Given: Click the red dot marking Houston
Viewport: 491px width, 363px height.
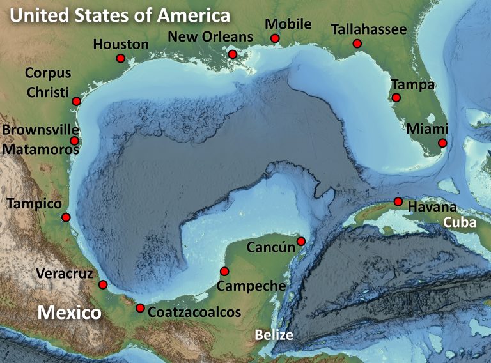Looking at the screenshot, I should tap(120, 58).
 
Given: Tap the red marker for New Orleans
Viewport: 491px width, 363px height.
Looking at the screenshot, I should tap(232, 54).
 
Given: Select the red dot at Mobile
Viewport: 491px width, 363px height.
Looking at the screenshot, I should tap(275, 38).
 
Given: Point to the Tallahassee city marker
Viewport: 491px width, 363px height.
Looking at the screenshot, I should tap(357, 43).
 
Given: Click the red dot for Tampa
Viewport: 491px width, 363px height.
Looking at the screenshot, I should tap(396, 98).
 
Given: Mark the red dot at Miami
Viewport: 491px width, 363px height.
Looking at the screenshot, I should tap(442, 143).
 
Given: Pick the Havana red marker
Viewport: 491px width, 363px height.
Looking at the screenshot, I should tap(398, 202).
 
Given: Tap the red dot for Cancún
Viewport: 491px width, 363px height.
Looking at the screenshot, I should tap(301, 241).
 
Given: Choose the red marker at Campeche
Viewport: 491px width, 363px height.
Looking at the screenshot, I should tap(224, 271).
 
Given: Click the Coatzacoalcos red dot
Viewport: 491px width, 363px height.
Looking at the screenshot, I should tap(140, 308).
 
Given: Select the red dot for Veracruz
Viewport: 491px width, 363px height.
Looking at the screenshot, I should tap(102, 284).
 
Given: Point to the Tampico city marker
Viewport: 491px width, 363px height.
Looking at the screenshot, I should tap(65, 217).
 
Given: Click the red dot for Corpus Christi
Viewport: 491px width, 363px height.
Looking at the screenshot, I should tap(76, 101).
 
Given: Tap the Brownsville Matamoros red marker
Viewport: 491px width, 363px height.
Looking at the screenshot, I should tap(74, 141).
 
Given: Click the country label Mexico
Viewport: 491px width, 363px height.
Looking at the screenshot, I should tap(69, 313).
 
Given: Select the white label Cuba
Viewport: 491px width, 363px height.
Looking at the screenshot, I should tap(460, 222).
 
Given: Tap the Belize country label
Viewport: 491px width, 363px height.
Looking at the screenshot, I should tap(274, 335).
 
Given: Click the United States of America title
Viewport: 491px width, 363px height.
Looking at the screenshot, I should tap(120, 15).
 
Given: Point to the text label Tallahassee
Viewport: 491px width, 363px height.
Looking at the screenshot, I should tap(369, 29).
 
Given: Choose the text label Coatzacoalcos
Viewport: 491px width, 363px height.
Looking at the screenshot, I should tap(194, 313).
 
